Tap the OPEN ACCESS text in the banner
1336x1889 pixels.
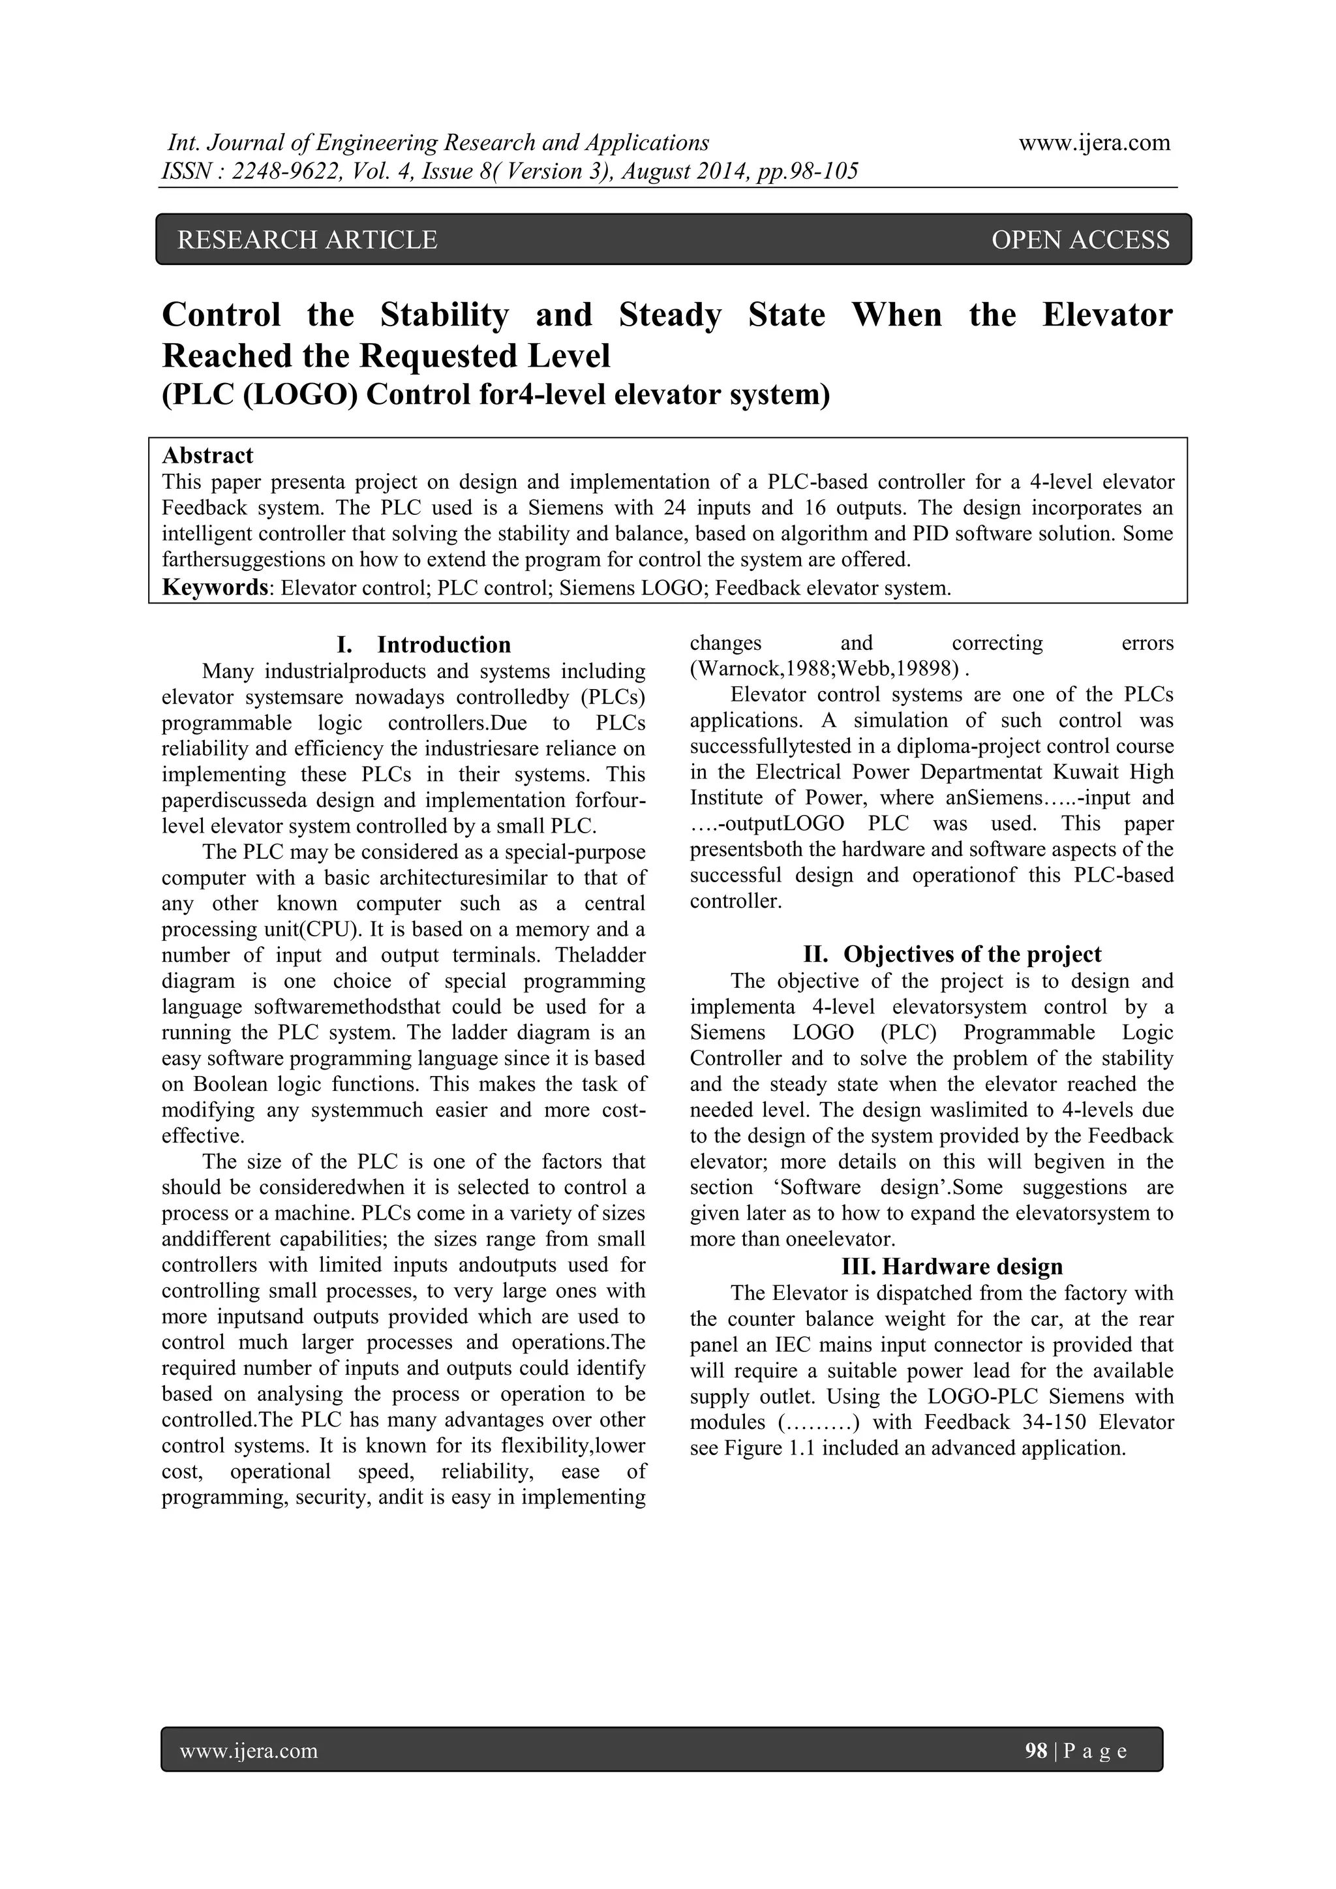pyautogui.click(x=1080, y=239)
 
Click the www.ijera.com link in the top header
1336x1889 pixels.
pyautogui.click(x=1094, y=143)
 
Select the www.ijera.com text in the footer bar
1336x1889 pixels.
pyautogui.click(x=249, y=1751)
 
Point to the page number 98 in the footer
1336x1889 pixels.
pyautogui.click(x=1036, y=1751)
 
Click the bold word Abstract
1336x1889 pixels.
pyautogui.click(x=207, y=456)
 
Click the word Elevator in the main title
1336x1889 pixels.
pyautogui.click(x=1106, y=315)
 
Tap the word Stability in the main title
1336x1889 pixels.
pyautogui.click(x=444, y=315)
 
